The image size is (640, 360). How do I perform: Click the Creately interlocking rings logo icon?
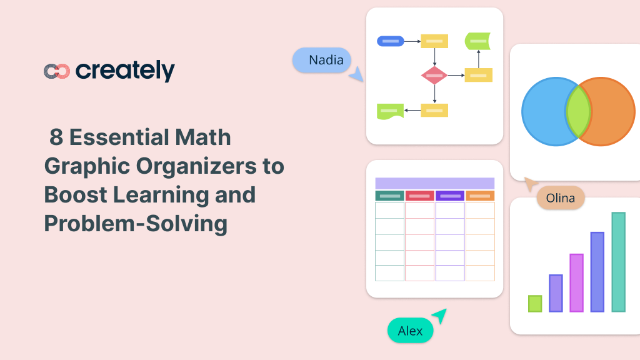(x=56, y=71)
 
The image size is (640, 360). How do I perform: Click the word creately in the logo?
(x=125, y=71)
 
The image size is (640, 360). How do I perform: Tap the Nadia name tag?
(x=322, y=61)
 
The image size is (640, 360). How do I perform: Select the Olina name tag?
(x=560, y=198)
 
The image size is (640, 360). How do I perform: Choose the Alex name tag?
(x=410, y=331)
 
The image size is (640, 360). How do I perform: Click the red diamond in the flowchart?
(x=434, y=76)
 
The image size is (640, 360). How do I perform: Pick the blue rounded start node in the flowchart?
(x=390, y=41)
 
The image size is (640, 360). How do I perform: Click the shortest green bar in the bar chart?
(x=535, y=303)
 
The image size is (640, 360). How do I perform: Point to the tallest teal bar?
(x=618, y=262)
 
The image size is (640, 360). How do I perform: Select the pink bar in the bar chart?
(x=576, y=282)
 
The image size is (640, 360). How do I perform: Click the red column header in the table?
(x=419, y=196)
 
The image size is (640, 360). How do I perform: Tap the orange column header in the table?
(x=480, y=196)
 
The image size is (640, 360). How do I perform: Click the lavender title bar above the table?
(x=434, y=183)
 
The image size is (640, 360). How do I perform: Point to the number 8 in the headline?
(x=57, y=137)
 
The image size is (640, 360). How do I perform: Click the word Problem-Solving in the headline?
(x=136, y=223)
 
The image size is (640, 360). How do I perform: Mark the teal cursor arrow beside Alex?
(x=440, y=316)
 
